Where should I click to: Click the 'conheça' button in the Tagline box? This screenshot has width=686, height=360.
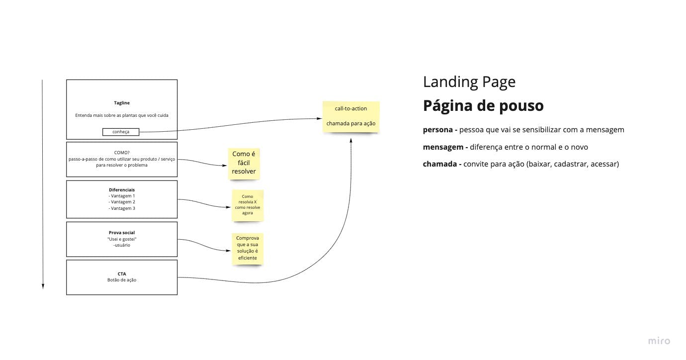coord(121,132)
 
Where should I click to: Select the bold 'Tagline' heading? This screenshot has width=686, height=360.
coord(122,103)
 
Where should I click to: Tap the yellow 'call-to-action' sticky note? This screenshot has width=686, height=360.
coord(351,116)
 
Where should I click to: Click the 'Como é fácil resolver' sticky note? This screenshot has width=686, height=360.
coord(244,163)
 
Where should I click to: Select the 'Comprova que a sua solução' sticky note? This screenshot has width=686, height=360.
coord(247,248)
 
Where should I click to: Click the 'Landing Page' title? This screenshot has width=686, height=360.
coord(469,82)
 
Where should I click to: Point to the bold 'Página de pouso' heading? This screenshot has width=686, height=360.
coord(483,106)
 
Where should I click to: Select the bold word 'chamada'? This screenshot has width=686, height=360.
coord(439,164)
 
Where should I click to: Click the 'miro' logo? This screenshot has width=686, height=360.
coord(659,341)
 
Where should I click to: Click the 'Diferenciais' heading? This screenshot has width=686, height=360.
coord(122,190)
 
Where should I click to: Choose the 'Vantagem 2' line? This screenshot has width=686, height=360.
coord(122,202)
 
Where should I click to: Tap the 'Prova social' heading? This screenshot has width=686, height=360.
coord(122,233)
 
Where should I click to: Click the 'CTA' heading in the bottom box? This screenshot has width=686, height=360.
coord(122,273)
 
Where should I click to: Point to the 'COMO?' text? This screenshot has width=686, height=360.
coord(122,153)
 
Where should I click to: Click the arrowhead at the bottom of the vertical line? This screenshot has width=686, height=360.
coord(43,286)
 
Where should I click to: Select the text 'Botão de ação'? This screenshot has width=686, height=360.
coord(122,280)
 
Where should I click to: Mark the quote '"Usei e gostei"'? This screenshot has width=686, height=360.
coord(122,239)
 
